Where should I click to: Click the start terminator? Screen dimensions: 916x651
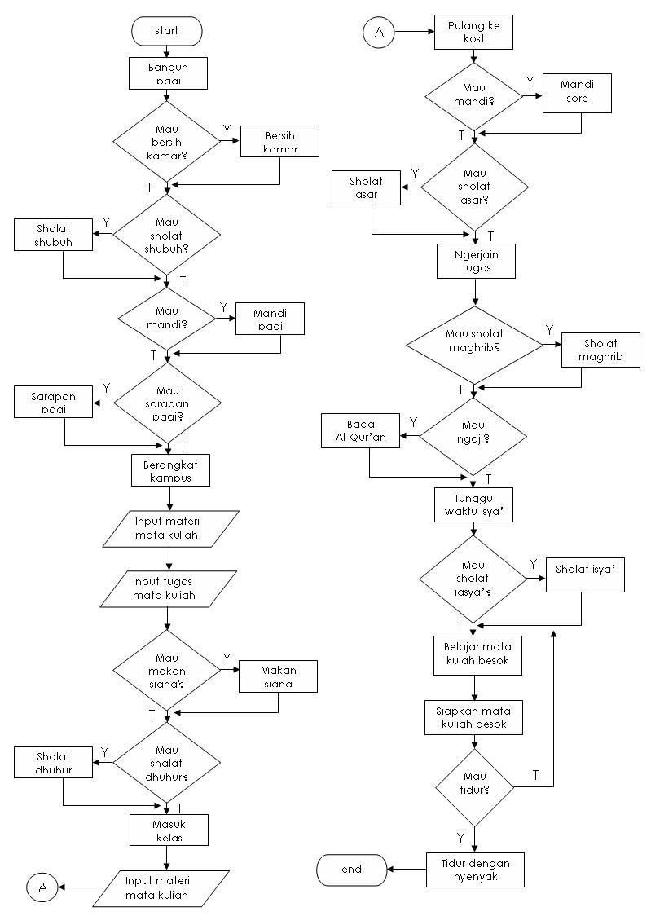click(166, 31)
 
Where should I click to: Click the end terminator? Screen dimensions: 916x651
click(351, 870)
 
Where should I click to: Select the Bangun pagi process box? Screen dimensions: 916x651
click(169, 73)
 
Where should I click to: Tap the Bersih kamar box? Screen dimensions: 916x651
click(280, 141)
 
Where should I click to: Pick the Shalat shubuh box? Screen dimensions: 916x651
click(53, 236)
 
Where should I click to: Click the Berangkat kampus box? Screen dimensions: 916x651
click(170, 469)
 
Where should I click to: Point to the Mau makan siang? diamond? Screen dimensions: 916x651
click(166, 670)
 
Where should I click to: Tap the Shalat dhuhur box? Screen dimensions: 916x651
click(53, 761)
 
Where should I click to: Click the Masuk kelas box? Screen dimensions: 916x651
click(169, 830)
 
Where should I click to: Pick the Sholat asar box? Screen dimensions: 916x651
click(366, 187)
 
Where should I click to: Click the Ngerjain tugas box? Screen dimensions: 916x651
click(476, 260)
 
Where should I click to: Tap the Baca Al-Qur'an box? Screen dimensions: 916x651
click(361, 430)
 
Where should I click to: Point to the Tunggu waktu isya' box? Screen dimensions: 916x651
click(473, 504)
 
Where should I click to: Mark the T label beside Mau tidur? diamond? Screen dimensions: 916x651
click(535, 774)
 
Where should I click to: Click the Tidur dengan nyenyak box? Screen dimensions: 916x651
click(475, 870)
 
